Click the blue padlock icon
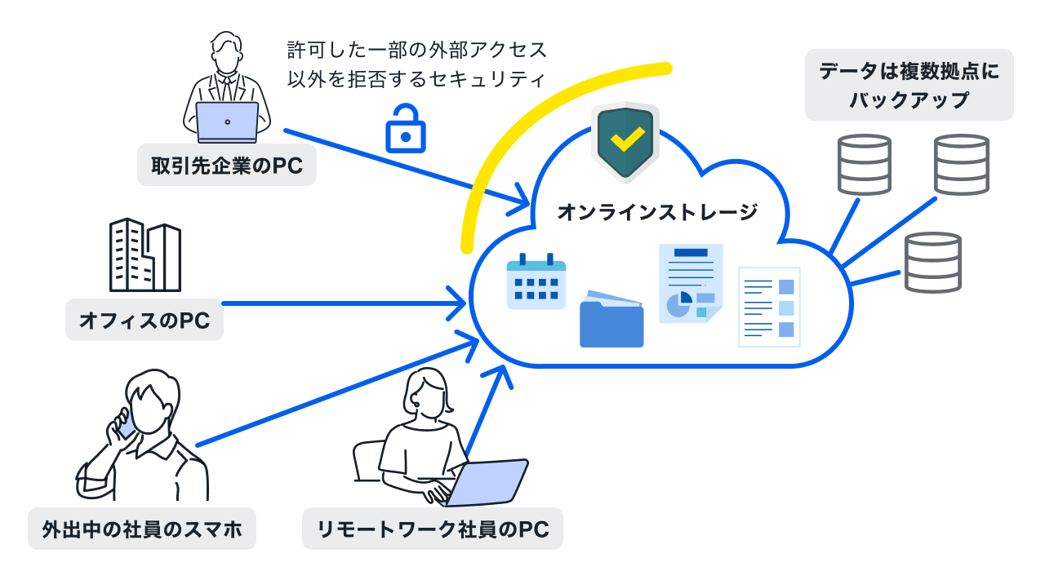[x=405, y=129]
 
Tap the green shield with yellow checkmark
[x=625, y=142]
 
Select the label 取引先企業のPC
[x=227, y=166]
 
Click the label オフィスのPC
[x=145, y=321]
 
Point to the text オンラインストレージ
[x=657, y=213]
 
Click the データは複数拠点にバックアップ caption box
[x=909, y=85]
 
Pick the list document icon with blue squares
[x=769, y=307]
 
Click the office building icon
[x=145, y=255]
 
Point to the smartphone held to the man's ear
[x=127, y=423]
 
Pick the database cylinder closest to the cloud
[x=932, y=262]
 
